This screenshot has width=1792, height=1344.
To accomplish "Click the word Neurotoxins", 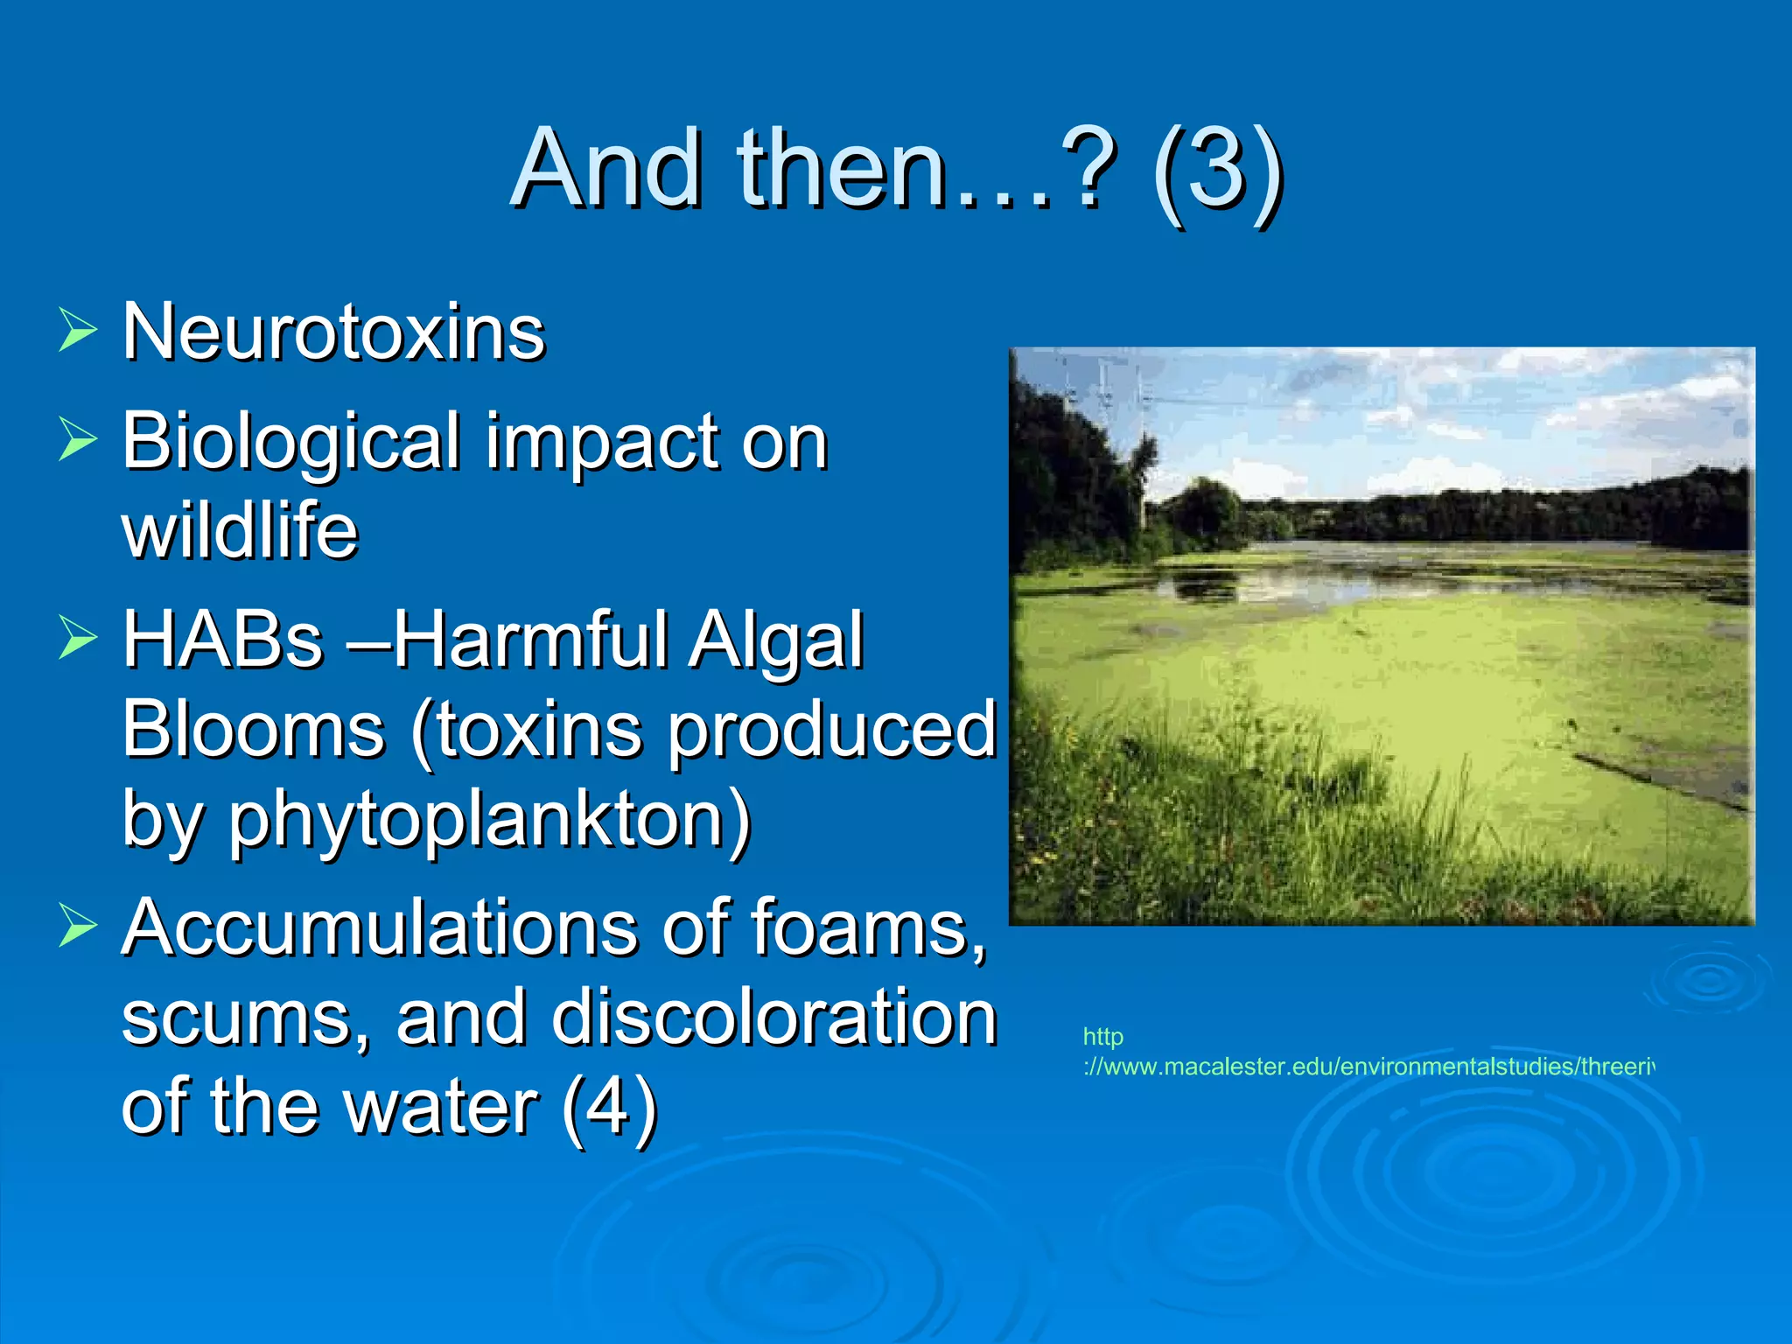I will point(333,332).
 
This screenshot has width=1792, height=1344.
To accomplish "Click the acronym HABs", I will point(223,640).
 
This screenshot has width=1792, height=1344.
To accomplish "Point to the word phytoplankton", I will point(490,820).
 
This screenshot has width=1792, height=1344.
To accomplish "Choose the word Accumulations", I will point(380,927).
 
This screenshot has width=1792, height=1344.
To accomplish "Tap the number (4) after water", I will point(609,1107).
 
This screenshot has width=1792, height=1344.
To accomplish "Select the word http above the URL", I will point(1102,1037).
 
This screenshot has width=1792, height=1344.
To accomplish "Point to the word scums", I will point(246,1017).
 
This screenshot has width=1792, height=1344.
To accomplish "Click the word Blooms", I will point(253,730).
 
